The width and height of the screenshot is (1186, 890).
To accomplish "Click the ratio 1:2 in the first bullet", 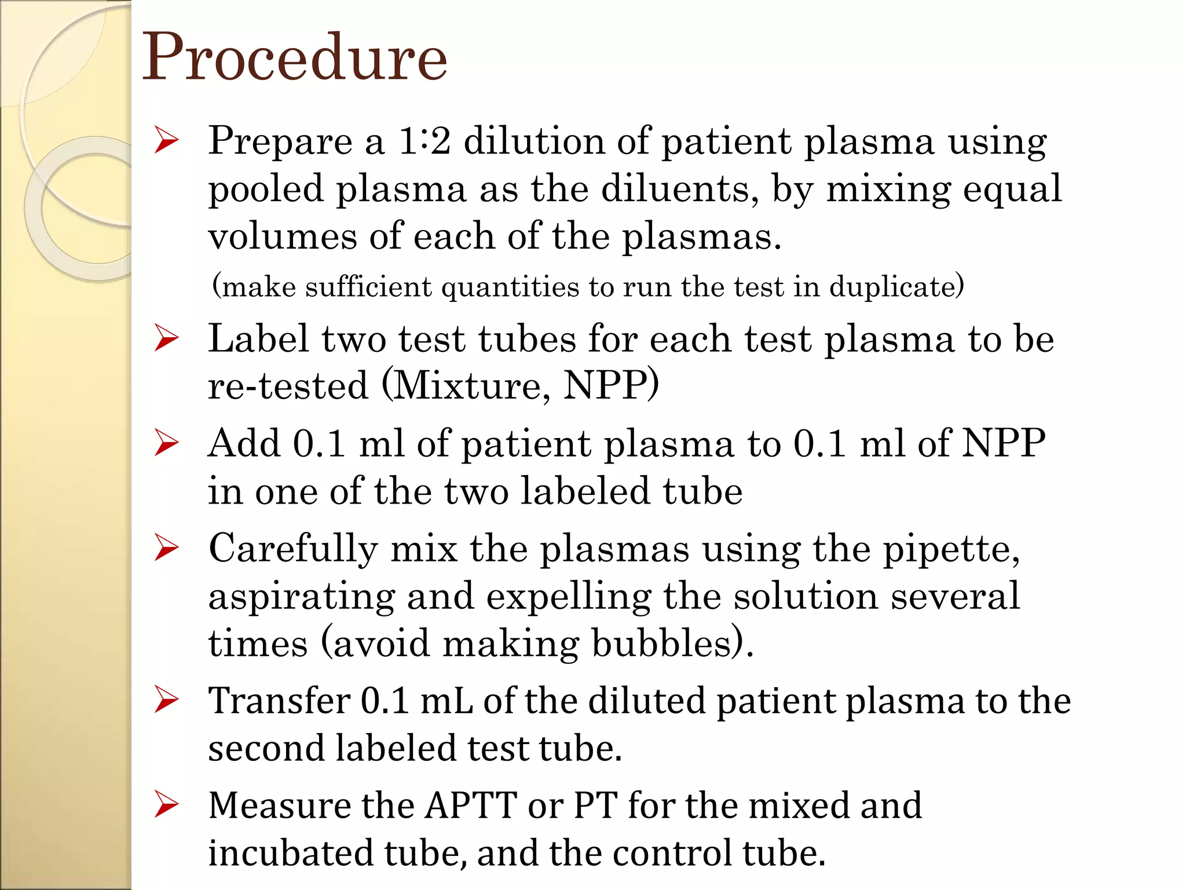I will [424, 141].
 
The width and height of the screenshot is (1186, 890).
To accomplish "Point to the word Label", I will [258, 338].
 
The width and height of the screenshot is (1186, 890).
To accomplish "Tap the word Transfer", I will [279, 701].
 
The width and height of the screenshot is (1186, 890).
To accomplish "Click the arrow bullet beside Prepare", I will [166, 141].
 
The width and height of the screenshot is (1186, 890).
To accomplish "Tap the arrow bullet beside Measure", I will [166, 806].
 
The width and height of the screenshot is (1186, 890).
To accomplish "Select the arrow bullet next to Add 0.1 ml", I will [166, 444].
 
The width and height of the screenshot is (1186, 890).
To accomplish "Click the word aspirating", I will [301, 597].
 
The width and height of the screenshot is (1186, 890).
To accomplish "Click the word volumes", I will [282, 236].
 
